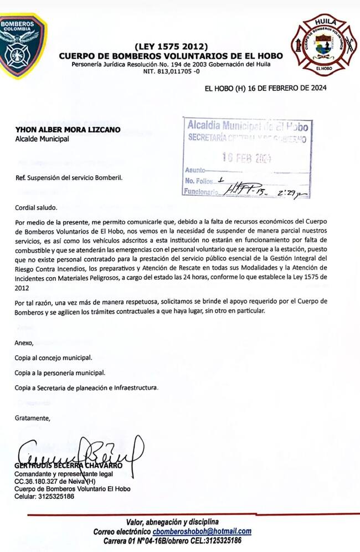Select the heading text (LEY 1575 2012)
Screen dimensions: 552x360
[171, 46]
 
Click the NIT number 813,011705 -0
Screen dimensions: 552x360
[171, 71]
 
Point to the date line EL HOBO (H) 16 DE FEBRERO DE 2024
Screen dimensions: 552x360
[265, 88]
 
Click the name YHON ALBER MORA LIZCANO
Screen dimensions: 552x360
[68, 130]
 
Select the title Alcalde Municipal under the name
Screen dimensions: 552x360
[42, 139]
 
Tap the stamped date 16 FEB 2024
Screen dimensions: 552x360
[246, 157]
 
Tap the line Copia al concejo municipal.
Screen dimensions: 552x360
[53, 357]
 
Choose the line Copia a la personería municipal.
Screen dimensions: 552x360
[59, 372]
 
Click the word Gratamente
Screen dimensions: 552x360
[32, 418]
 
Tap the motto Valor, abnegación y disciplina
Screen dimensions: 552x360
[172, 522]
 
